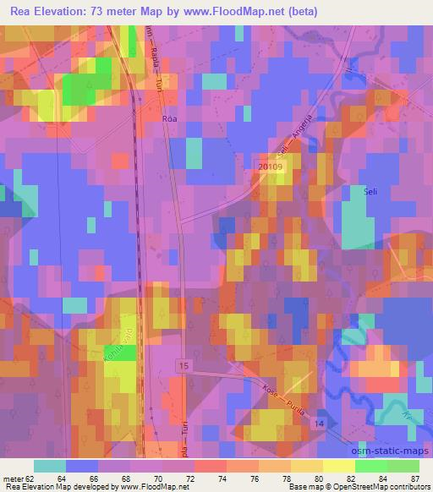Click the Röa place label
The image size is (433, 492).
tap(169, 119)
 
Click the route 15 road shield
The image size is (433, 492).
tap(184, 364)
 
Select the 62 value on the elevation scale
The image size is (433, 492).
tap(34, 478)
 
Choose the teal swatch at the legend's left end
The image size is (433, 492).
tap(50, 466)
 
